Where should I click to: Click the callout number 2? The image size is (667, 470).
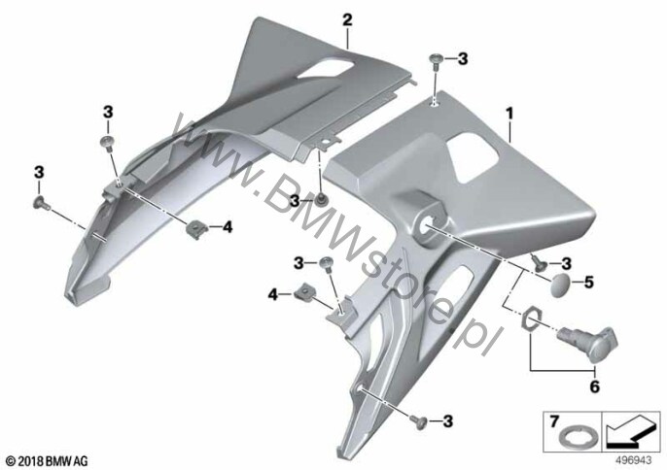pyautogui.click(x=347, y=20)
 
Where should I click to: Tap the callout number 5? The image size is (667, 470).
pyautogui.click(x=589, y=283)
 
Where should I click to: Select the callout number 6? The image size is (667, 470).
pyautogui.click(x=594, y=386)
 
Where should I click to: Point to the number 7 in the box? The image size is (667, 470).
pyautogui.click(x=553, y=422)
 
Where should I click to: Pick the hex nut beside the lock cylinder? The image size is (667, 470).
pyautogui.click(x=532, y=319)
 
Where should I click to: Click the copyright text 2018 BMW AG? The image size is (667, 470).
pyautogui.click(x=48, y=460)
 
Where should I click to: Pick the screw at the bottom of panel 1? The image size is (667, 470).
pyautogui.click(x=418, y=421)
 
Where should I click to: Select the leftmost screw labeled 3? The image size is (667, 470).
pyautogui.click(x=41, y=204)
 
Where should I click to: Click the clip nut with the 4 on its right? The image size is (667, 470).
pyautogui.click(x=194, y=229)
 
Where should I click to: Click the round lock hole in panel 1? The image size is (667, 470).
pyautogui.click(x=427, y=224)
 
